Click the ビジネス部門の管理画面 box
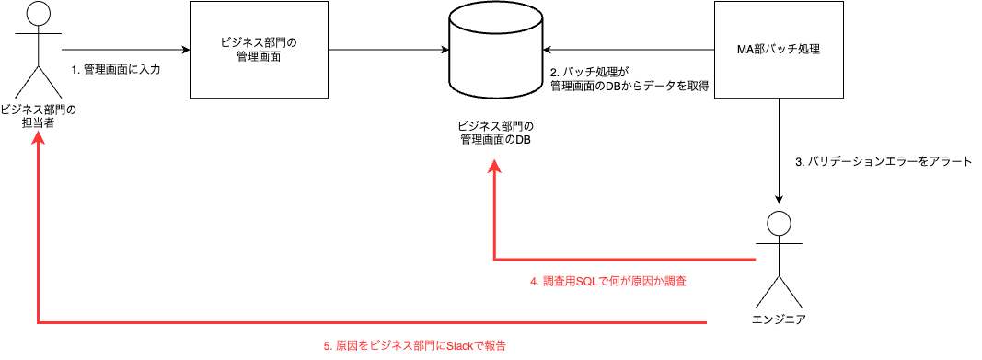pyautogui.click(x=259, y=50)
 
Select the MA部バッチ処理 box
pyautogui.click(x=780, y=50)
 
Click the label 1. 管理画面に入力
pyautogui.click(x=115, y=70)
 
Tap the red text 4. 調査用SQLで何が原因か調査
pyautogui.click(x=608, y=282)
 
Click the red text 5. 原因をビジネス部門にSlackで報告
pyautogui.click(x=415, y=346)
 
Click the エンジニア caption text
pyautogui.click(x=780, y=319)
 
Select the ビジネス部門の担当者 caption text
pyautogui.click(x=38, y=116)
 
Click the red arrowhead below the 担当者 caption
pyautogui.click(x=38, y=137)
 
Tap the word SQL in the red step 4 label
pyautogui.click(x=586, y=282)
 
